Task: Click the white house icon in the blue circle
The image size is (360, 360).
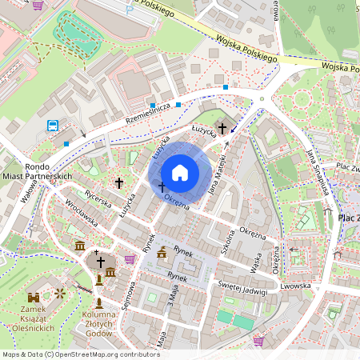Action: click(x=180, y=173)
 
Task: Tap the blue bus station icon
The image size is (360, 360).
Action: click(x=53, y=125)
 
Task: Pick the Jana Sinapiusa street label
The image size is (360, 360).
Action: click(x=318, y=170)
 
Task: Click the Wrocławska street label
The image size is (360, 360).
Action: click(x=81, y=214)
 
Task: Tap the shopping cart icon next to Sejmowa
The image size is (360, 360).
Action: click(x=130, y=259)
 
